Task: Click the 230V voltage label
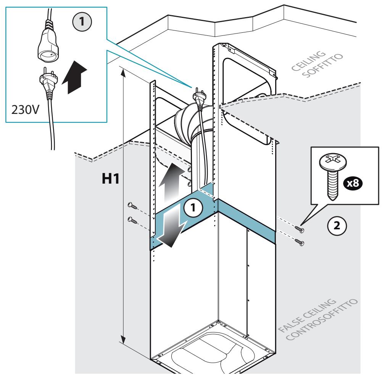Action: [25, 110]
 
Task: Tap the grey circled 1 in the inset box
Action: [82, 22]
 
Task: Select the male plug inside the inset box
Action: [48, 84]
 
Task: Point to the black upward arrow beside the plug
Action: [74, 77]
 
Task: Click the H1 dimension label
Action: [111, 179]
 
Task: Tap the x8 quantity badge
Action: [353, 183]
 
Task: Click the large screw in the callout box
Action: [333, 175]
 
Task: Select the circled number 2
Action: [337, 226]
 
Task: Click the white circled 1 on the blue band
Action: [193, 208]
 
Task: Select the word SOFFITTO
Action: [322, 66]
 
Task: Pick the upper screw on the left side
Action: [132, 206]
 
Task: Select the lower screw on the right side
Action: [300, 242]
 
